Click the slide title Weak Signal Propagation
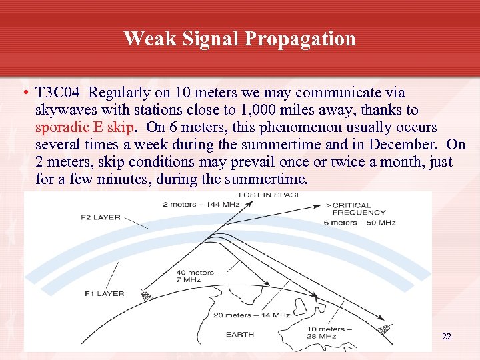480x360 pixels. coord(239,39)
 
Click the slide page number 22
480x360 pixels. coord(447,337)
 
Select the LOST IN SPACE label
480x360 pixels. coord(270,195)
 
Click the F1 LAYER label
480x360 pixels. coord(105,293)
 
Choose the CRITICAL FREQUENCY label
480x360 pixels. coord(359,209)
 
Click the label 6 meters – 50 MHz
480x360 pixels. coord(359,222)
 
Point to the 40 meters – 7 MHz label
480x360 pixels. coord(195,277)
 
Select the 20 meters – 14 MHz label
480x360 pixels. coord(251,315)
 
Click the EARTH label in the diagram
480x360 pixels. coord(239,334)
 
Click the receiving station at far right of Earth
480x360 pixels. coord(385,329)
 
